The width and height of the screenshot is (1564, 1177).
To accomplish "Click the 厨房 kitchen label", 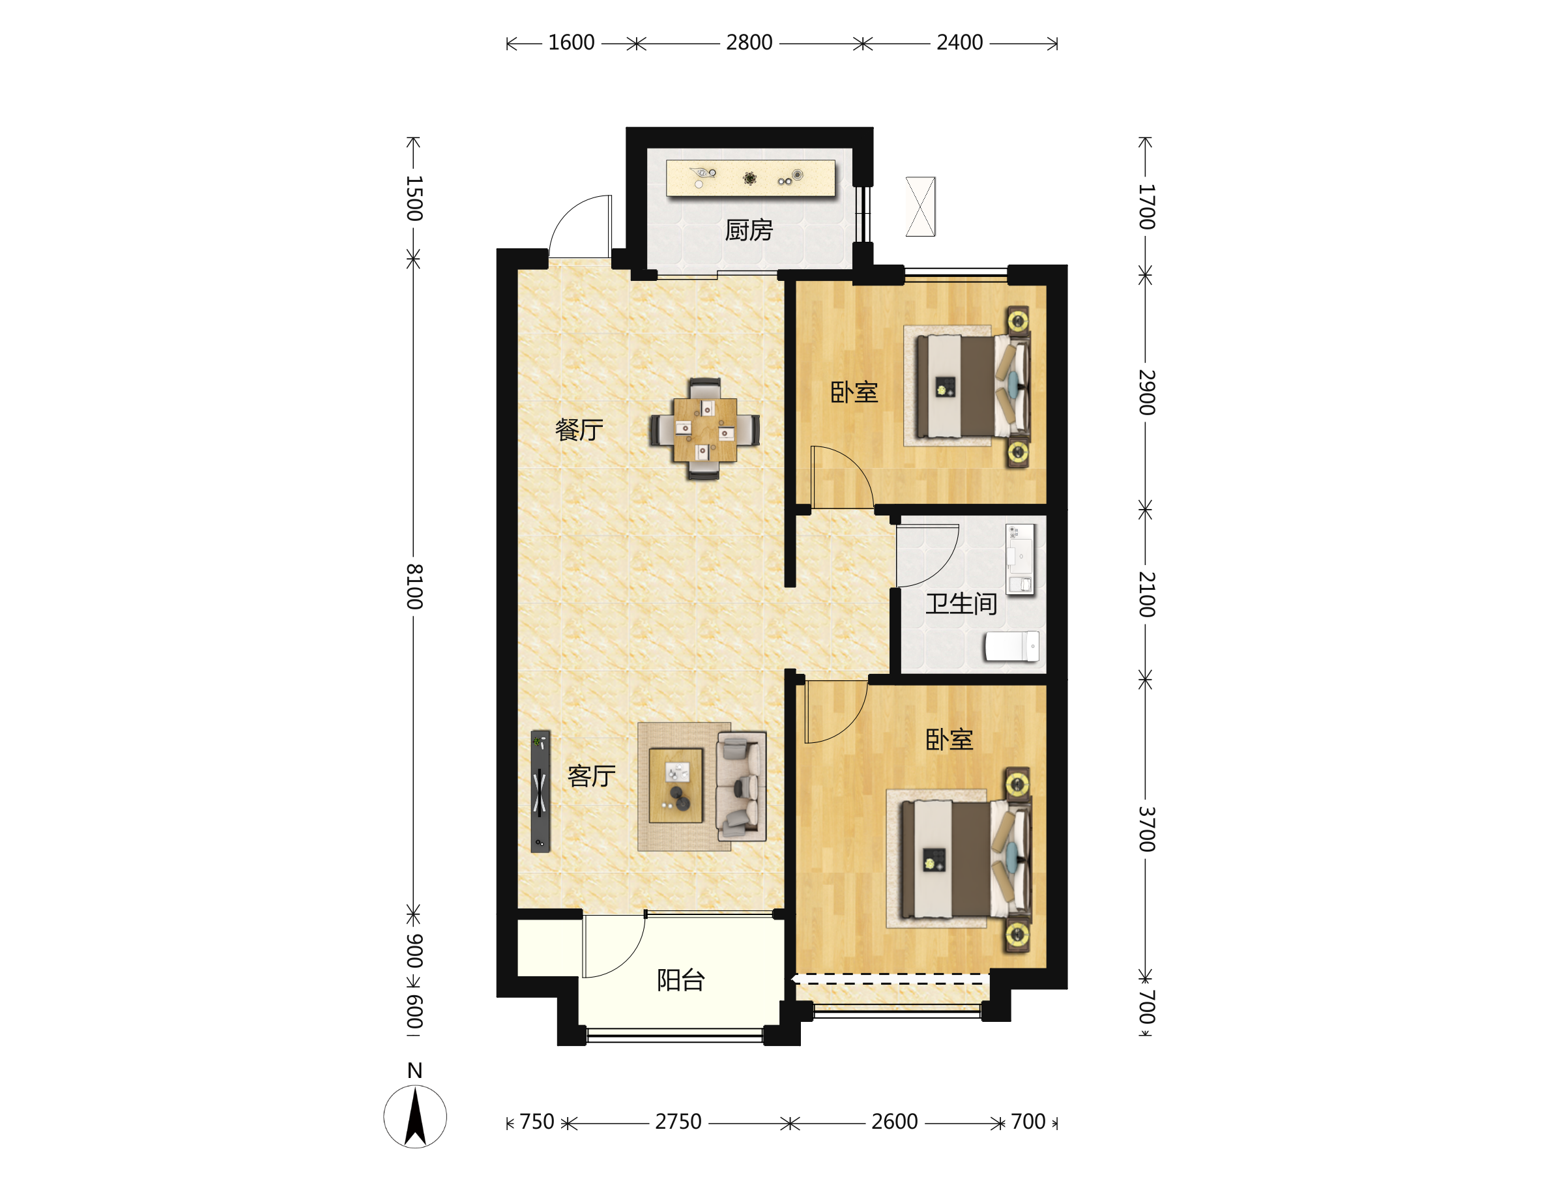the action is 749,231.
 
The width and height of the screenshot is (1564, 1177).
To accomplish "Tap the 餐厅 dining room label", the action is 579,429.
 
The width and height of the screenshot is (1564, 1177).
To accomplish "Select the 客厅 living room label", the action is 591,776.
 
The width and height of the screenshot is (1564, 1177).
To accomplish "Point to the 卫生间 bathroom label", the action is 961,603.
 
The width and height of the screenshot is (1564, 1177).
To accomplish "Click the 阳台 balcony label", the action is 681,980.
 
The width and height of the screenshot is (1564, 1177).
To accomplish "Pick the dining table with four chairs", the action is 705,429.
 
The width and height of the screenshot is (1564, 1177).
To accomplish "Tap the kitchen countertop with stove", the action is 751,178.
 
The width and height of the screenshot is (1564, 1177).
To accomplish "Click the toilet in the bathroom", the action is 1012,646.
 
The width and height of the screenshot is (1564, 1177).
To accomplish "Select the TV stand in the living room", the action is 540,791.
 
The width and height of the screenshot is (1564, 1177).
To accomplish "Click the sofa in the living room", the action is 741,786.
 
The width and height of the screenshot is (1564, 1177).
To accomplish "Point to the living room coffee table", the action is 676,785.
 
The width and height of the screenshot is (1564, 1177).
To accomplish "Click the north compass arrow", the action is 415,1116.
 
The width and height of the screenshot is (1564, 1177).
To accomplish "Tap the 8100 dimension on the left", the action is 414,587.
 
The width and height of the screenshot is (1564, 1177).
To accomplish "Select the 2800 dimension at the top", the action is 749,43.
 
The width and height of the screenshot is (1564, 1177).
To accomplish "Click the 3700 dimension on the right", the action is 1147,829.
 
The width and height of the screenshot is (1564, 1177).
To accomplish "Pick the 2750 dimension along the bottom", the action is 678,1122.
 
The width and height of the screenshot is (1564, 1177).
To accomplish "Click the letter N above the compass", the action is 415,1071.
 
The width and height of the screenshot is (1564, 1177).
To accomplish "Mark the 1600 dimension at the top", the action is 572,43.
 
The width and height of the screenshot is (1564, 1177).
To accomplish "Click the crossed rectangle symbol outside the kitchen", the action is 921,207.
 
